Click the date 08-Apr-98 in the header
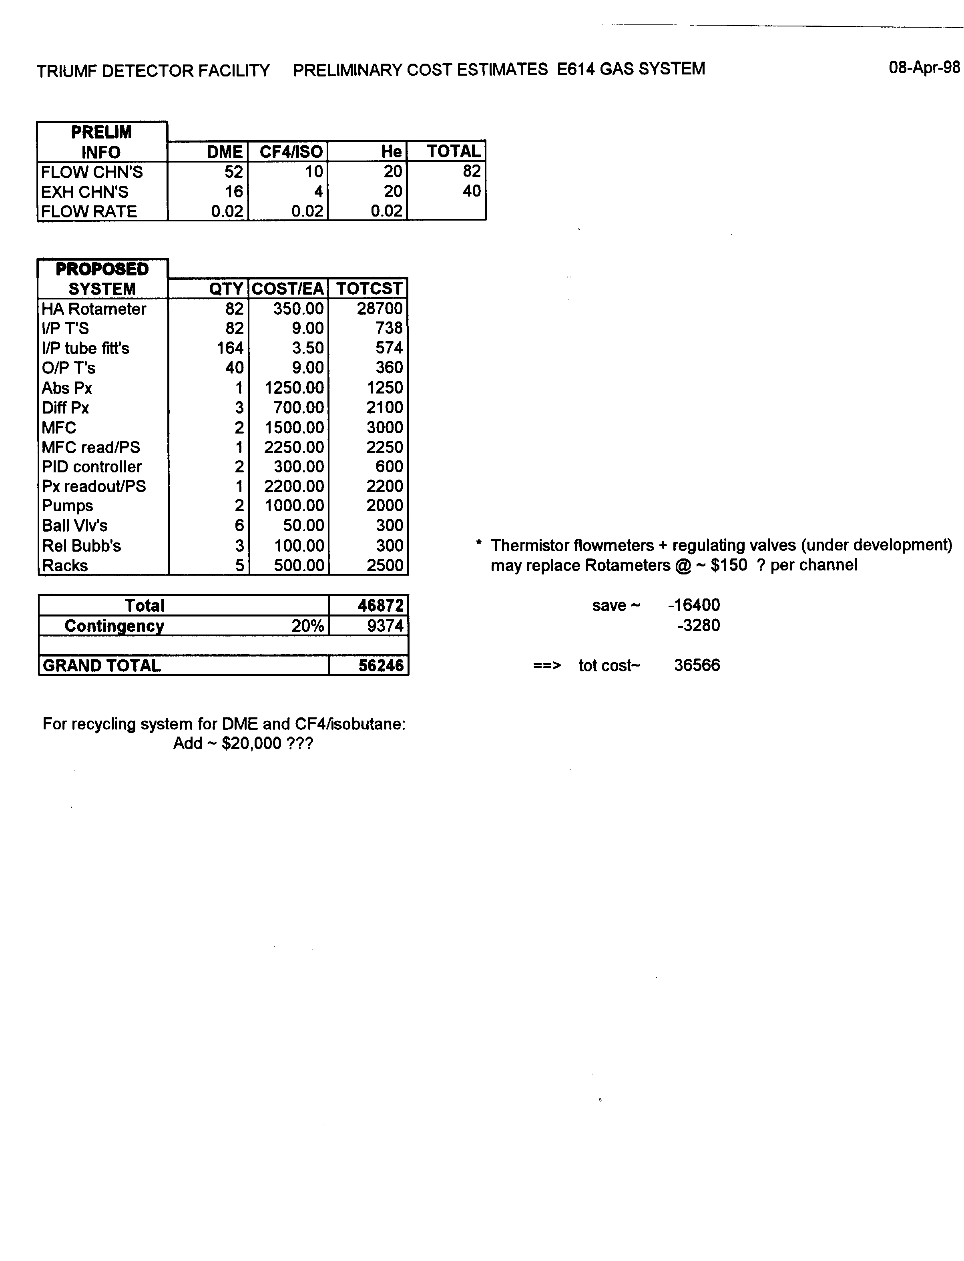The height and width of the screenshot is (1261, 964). click(x=924, y=68)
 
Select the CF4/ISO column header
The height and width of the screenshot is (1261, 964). click(x=291, y=152)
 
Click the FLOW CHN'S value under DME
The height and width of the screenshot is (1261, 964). click(x=233, y=172)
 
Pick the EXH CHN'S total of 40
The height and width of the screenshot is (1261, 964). click(x=472, y=191)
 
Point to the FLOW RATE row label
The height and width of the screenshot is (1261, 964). click(x=89, y=211)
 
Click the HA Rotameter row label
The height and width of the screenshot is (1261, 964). click(x=94, y=309)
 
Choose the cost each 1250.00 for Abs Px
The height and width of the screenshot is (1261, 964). click(x=294, y=388)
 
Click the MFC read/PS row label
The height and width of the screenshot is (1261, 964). click(x=90, y=447)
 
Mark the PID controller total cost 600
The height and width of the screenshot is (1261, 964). click(x=389, y=466)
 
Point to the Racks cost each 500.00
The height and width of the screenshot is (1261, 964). click(x=298, y=565)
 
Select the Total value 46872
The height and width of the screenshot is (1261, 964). click(x=380, y=605)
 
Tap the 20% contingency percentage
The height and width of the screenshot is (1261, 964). click(x=307, y=625)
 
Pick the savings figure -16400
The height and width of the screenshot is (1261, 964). click(x=694, y=605)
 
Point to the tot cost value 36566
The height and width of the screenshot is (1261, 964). click(x=697, y=665)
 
